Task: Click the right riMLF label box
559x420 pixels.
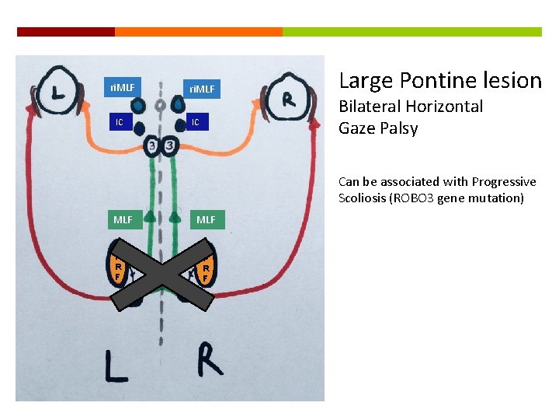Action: pyautogui.click(x=202, y=89)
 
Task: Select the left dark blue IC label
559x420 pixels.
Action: pyautogui.click(x=119, y=123)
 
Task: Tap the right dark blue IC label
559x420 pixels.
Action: pyautogui.click(x=196, y=123)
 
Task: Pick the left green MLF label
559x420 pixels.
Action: pyautogui.click(x=123, y=219)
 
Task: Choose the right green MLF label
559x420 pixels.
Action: pyautogui.click(x=206, y=219)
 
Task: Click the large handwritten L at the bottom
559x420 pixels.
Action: pyautogui.click(x=116, y=365)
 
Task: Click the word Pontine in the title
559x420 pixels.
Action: pyautogui.click(x=440, y=80)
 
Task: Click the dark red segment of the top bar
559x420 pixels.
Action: pyautogui.click(x=66, y=32)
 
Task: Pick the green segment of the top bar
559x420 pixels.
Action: pyautogui.click(x=411, y=32)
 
